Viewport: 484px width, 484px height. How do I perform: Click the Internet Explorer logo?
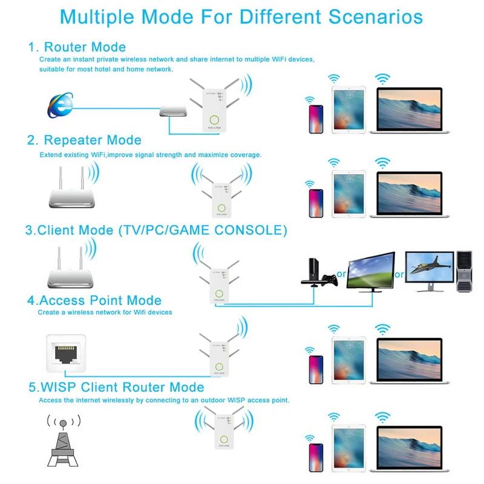[x=60, y=104]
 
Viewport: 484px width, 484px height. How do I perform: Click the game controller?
[x=329, y=281]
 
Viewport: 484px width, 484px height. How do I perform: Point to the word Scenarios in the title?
[x=376, y=16]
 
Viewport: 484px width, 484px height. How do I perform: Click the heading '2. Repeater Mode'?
[x=84, y=140]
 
